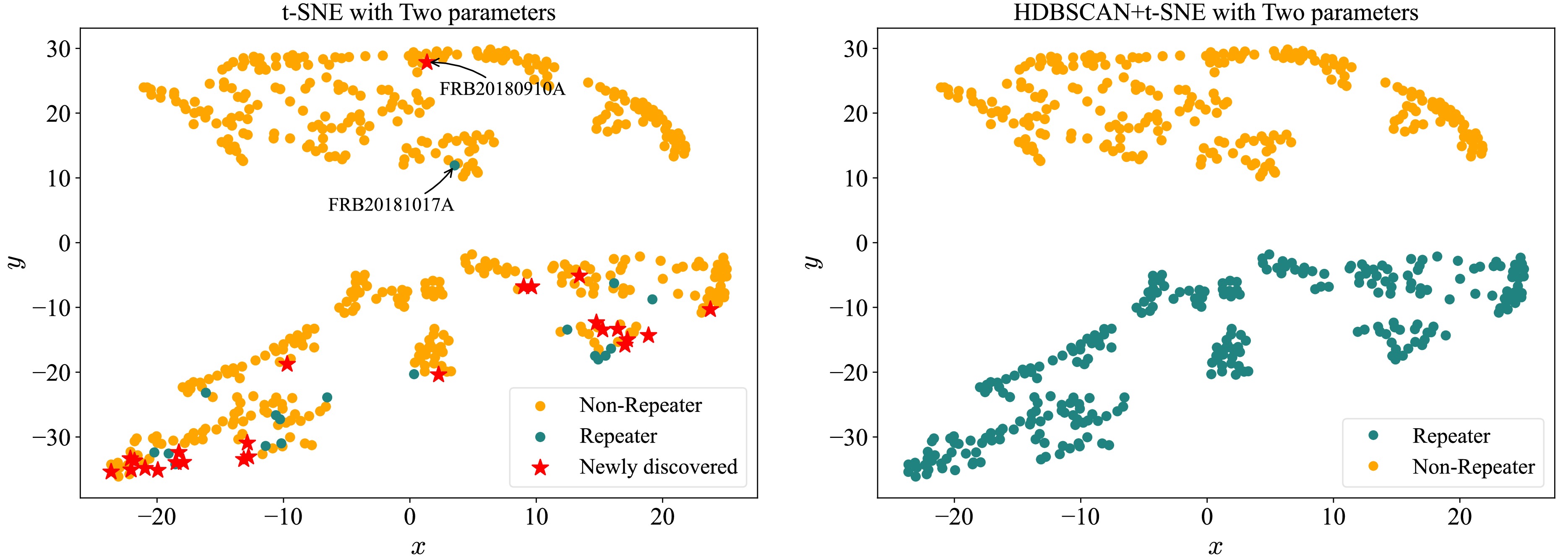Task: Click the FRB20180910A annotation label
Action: [x=502, y=89]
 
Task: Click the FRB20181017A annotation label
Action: [x=391, y=205]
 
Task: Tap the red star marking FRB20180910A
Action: [x=427, y=62]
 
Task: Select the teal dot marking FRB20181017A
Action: [x=454, y=164]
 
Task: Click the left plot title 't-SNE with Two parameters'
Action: [x=419, y=12]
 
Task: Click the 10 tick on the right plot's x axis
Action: [x=1333, y=517]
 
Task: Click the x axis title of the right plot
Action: [x=1215, y=546]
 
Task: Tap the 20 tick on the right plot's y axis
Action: [x=855, y=114]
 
